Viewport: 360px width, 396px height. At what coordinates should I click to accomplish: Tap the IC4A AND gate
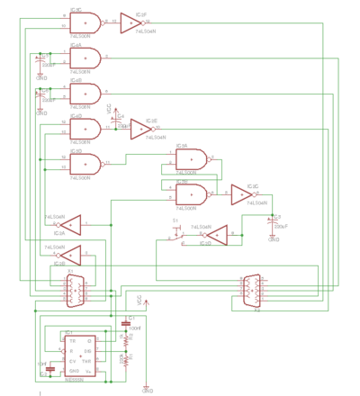[85, 58]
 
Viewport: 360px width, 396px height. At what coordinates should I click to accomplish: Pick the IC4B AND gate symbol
[85, 94]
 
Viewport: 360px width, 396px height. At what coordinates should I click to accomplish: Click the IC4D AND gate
[85, 128]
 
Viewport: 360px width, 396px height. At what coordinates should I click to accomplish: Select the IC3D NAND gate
[85, 163]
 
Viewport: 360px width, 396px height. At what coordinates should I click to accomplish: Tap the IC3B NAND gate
[191, 191]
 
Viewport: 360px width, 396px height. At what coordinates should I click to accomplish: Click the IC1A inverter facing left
[69, 223]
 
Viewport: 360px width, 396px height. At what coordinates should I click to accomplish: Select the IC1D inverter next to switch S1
[215, 235]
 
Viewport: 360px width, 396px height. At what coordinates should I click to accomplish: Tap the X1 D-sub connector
[74, 291]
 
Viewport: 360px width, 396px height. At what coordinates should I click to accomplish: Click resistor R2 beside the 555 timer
[126, 341]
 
